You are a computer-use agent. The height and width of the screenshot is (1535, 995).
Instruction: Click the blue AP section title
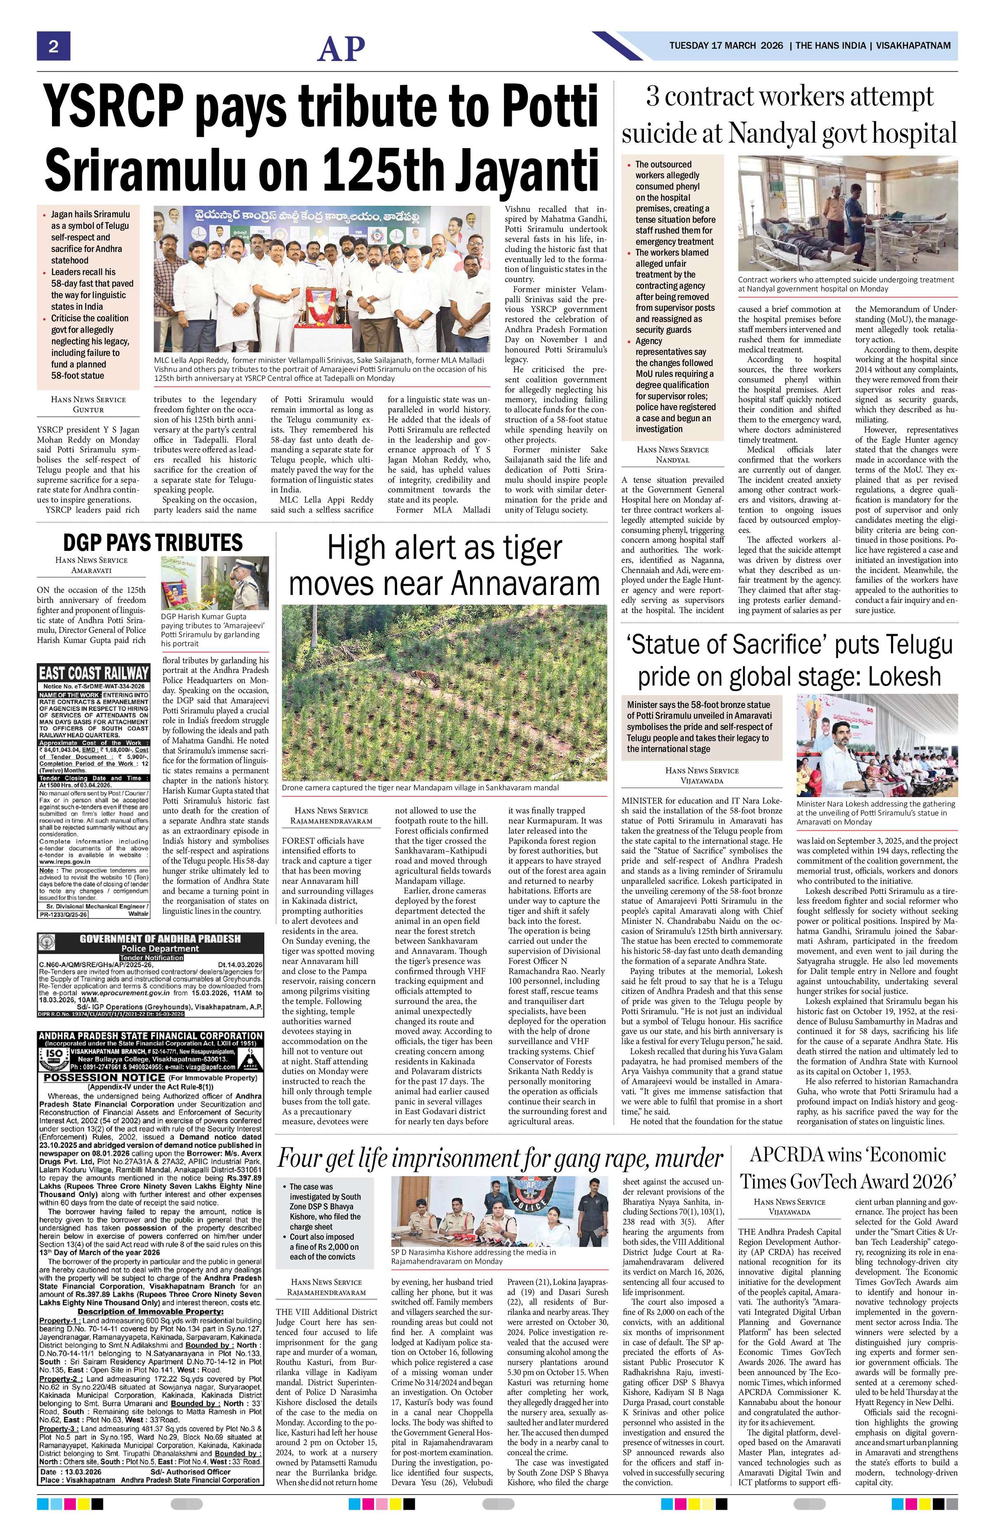[x=341, y=48]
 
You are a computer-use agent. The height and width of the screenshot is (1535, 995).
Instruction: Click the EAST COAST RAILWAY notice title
[x=94, y=673]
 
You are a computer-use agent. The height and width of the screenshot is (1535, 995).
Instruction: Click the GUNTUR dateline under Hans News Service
[x=88, y=409]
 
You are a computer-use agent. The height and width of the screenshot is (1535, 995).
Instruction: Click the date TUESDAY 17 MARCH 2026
[x=725, y=46]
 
